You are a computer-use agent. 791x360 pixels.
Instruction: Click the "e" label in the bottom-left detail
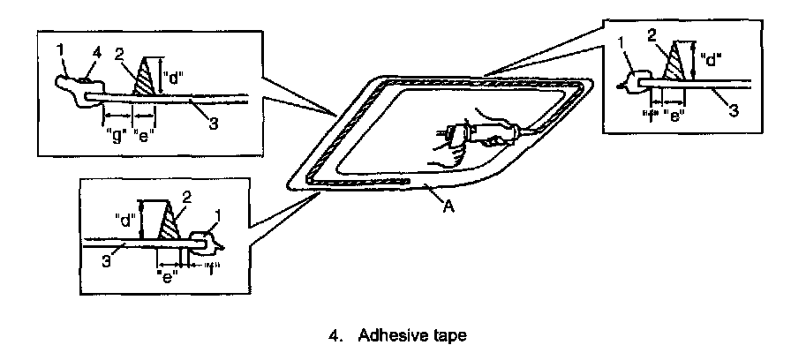pyautogui.click(x=166, y=272)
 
